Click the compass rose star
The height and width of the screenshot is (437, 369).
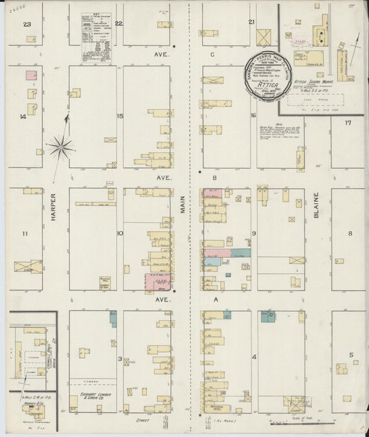coord(61,146)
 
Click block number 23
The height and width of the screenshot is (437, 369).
coord(28,24)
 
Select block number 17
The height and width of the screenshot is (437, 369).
coord(348,122)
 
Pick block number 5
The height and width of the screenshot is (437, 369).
coord(351,355)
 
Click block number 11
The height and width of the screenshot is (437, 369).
coord(24,234)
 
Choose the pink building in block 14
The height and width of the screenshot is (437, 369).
coord(31,75)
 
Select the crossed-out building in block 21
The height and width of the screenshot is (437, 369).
coord(264,37)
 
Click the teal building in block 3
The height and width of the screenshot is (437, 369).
coord(113,319)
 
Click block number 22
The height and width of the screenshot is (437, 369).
coord(119,23)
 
